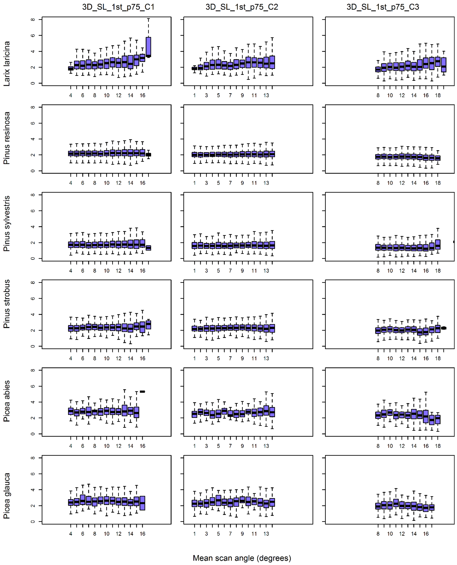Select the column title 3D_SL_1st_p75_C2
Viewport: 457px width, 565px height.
coord(242,7)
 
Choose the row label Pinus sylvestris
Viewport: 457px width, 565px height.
coord(7,224)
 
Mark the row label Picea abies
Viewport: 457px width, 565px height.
coord(7,401)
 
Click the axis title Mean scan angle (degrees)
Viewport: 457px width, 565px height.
coord(242,558)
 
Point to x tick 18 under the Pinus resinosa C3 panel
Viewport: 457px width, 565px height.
coord(438,183)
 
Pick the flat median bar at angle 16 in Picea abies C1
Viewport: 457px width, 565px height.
coord(142,392)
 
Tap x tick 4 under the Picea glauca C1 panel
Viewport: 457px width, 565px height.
coord(71,534)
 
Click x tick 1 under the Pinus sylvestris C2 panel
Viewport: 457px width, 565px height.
coord(194,271)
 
